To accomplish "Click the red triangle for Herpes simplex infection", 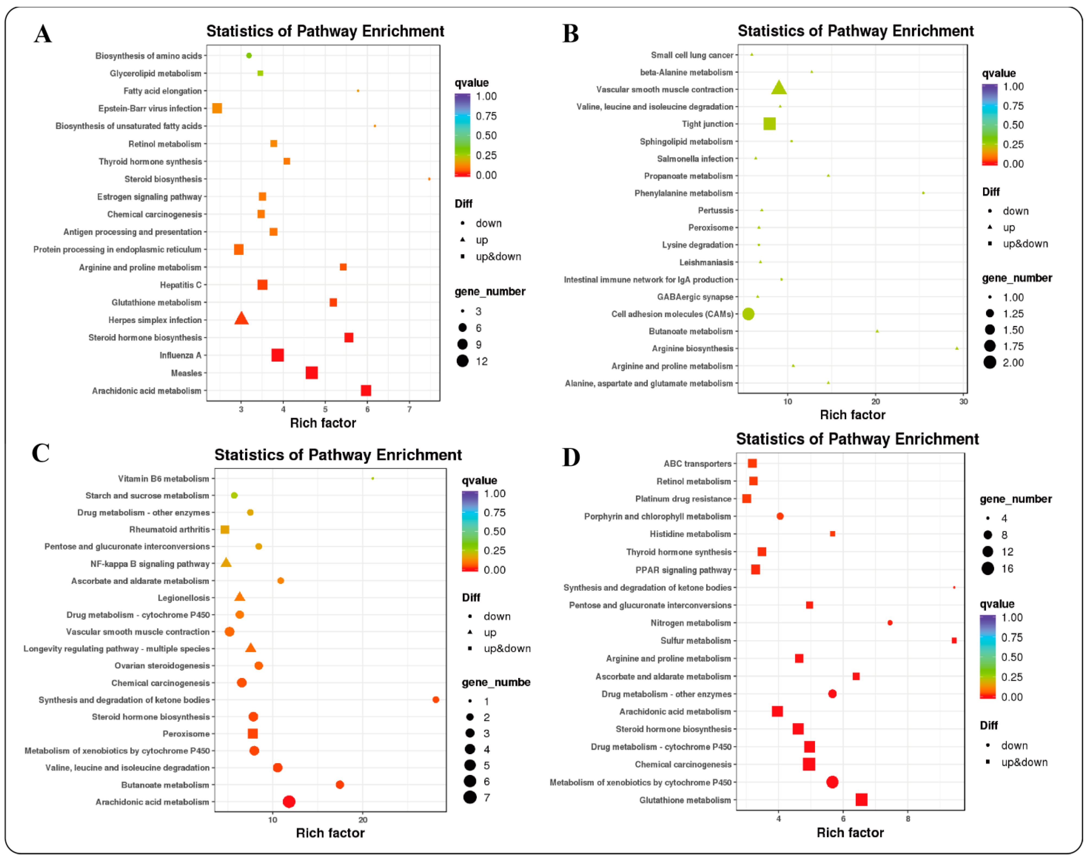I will click(241, 319).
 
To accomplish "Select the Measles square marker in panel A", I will click(312, 373).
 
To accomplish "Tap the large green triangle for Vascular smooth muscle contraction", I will click(779, 88).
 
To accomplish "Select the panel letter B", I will click(570, 34).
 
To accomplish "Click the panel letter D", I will click(571, 457).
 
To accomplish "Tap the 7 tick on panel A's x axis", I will click(409, 409).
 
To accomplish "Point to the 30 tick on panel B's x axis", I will click(963, 402).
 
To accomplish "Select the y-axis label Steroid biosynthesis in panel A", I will click(163, 179).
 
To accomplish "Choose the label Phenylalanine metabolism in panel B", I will click(683, 193).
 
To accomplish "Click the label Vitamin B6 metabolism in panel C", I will click(163, 478).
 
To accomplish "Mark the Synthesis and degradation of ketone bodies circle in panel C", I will click(436, 699).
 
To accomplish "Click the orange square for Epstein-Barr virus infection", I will click(217, 108).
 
